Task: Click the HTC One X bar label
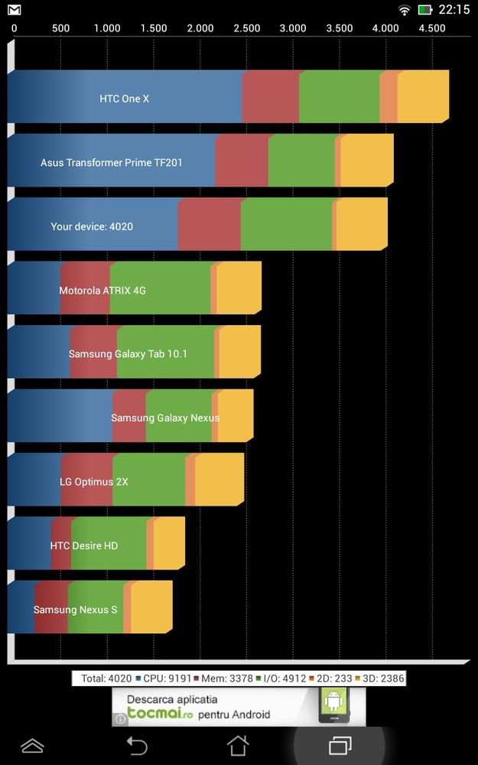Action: [124, 99]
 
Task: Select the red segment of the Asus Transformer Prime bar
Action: [241, 161]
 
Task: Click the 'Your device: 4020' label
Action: [92, 226]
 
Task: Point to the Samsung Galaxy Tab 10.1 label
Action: [128, 354]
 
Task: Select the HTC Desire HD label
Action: [84, 545]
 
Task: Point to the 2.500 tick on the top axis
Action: [246, 28]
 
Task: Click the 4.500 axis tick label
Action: [432, 28]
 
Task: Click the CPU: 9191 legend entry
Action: [162, 678]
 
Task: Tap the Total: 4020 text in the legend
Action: [106, 678]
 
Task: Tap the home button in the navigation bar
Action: [238, 744]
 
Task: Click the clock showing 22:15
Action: [454, 10]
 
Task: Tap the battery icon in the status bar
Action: [425, 10]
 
